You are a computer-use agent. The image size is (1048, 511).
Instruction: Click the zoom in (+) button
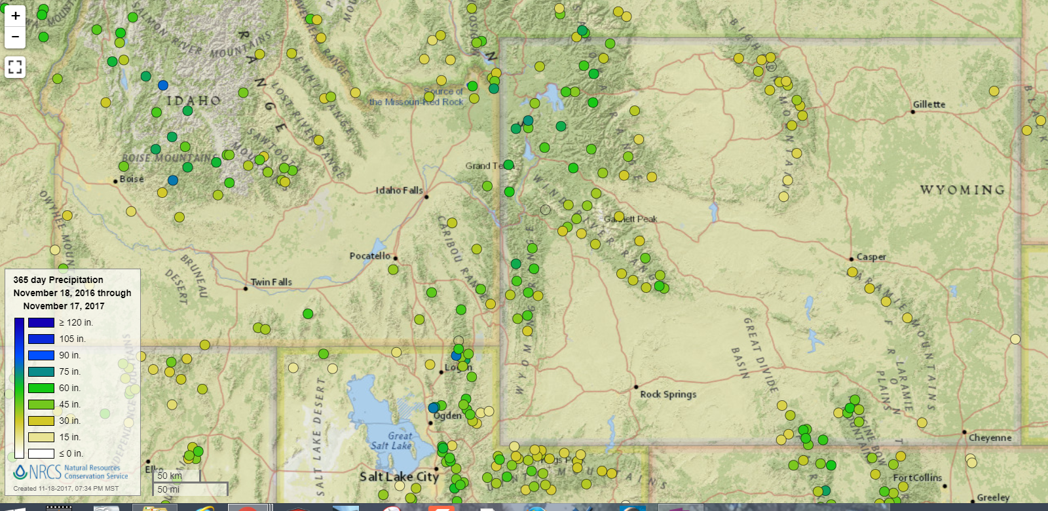(15, 16)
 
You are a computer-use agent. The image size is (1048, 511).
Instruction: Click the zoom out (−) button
(15, 37)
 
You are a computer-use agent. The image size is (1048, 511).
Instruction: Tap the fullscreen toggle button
(15, 67)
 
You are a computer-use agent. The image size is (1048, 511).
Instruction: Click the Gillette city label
(929, 104)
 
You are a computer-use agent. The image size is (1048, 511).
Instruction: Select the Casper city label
(871, 257)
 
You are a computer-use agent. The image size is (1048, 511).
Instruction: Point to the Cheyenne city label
(990, 438)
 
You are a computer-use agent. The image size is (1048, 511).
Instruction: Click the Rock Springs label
(668, 394)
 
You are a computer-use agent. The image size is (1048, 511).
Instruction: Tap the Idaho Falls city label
(399, 190)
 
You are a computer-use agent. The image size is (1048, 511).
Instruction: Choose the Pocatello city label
(369, 255)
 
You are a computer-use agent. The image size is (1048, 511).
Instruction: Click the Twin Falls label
(271, 282)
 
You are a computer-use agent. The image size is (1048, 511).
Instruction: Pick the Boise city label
(131, 179)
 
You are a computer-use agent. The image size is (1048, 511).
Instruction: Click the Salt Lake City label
(399, 476)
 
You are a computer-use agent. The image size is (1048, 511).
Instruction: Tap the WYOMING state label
(962, 190)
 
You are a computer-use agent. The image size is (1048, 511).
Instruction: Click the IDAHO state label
(193, 101)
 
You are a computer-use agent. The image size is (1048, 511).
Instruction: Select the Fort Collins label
(917, 478)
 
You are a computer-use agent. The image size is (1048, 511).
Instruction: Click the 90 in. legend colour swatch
(41, 355)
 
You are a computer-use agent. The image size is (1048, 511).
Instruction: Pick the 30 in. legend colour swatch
(41, 421)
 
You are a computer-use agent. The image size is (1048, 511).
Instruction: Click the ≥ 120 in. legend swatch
(41, 322)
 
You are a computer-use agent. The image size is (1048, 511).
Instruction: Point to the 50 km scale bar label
(170, 476)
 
